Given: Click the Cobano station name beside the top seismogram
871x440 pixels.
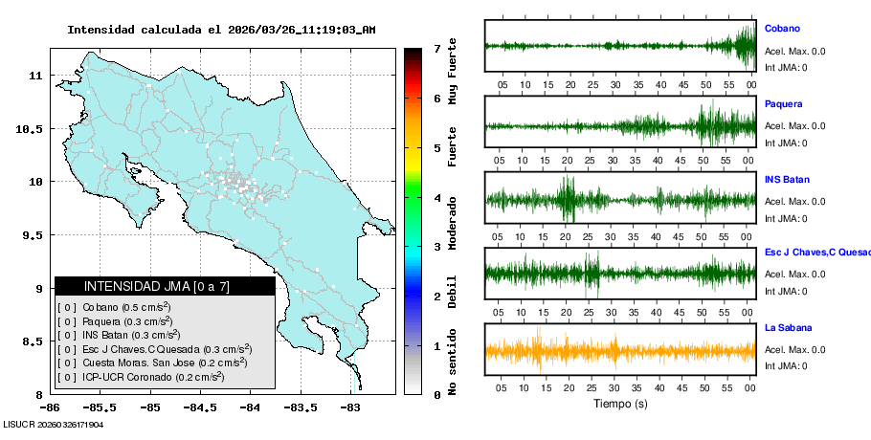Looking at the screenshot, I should (x=782, y=29).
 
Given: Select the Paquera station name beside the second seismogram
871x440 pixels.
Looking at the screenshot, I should (x=783, y=103).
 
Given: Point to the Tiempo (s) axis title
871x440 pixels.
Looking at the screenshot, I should (x=620, y=404).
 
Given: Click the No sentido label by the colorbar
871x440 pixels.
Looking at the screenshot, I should (x=453, y=364).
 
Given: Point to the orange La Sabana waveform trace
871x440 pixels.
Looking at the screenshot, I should (x=620, y=351).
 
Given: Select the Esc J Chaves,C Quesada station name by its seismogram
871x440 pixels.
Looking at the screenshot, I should (x=816, y=253).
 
